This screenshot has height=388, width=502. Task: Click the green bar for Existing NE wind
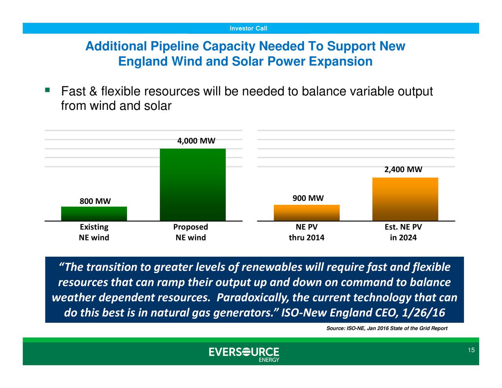[x=94, y=213]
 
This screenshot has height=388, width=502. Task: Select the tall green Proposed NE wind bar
[x=193, y=184]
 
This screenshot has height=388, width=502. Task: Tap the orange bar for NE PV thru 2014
[x=306, y=213]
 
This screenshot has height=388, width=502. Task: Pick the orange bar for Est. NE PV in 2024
[x=405, y=199]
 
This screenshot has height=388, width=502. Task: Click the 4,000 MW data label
[x=196, y=141]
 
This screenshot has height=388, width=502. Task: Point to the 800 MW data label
[x=95, y=201]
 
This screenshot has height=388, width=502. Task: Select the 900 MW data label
[x=308, y=198]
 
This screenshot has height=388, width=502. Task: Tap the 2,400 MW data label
[x=403, y=169]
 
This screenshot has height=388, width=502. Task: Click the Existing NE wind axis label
[x=94, y=232]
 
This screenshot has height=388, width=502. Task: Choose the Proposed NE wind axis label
[x=191, y=232]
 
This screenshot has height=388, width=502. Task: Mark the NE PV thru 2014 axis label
[x=306, y=232]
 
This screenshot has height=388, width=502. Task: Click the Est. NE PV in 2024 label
[x=403, y=232]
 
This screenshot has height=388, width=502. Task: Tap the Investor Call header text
[x=248, y=28]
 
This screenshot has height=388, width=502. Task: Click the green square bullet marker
[x=47, y=90]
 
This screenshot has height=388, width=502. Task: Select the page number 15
[x=471, y=350]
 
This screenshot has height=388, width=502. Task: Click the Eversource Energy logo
[x=244, y=353]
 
